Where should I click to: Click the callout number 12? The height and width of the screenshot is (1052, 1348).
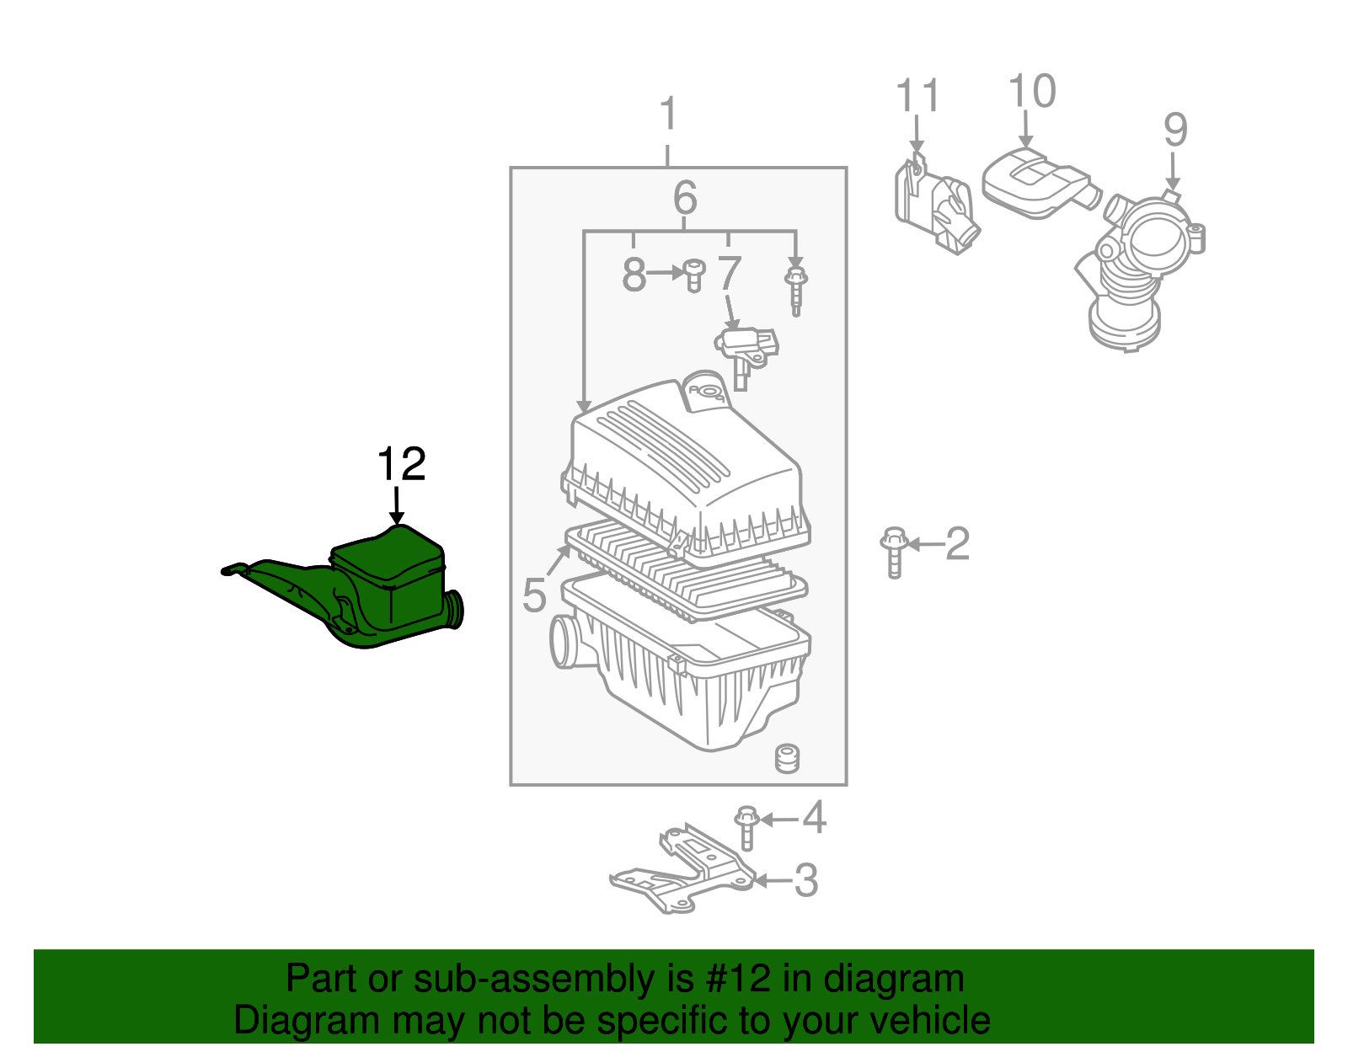(402, 464)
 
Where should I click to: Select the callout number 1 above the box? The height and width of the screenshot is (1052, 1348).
(668, 114)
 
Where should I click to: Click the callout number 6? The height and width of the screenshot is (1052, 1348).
(685, 199)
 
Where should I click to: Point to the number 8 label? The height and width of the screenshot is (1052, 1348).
(634, 275)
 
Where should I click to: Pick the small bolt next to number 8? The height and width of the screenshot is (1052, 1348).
(693, 275)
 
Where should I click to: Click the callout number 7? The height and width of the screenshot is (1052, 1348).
(730, 273)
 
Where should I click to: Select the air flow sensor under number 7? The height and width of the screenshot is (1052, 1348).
(746, 349)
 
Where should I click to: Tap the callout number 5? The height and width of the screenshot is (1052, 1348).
(534, 595)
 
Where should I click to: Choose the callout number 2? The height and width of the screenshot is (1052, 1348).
(957, 544)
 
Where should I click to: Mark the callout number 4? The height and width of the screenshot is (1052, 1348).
(814, 817)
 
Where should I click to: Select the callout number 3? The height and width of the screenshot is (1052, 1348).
(806, 880)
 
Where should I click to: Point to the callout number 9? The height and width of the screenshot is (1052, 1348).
(1175, 131)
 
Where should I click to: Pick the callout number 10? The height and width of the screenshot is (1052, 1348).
(1031, 92)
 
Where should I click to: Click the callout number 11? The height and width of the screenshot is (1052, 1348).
(917, 96)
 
